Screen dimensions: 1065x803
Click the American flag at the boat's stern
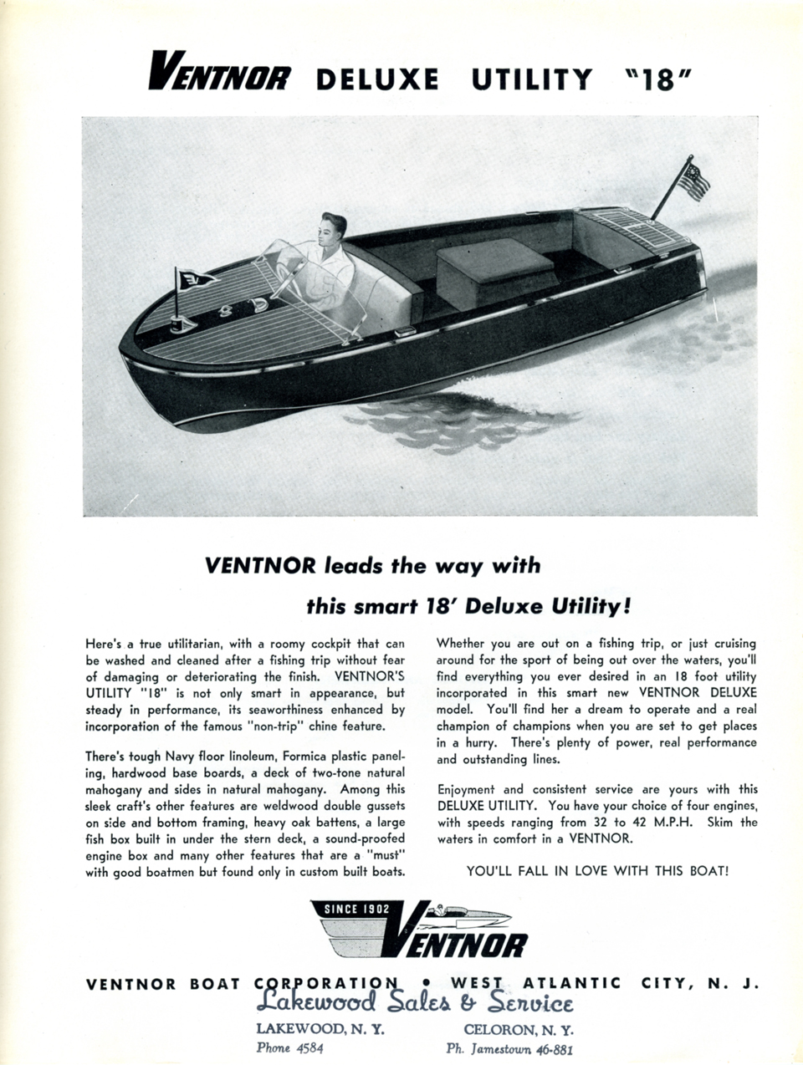tap(693, 181)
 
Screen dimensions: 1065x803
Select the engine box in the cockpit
tap(494, 273)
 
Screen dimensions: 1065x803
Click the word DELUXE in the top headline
tap(377, 80)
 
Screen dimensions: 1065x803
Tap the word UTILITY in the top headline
tap(531, 80)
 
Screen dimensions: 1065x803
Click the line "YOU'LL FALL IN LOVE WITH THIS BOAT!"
tap(597, 870)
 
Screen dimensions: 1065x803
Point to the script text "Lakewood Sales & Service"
tap(415, 1002)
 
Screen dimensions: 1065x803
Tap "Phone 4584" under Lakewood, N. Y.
tap(289, 1047)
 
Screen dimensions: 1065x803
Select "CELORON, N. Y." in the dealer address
tap(519, 1029)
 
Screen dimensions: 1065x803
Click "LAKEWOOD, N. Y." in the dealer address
tap(320, 1029)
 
